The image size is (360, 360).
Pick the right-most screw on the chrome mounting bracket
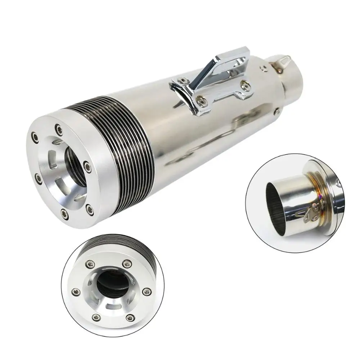click(246, 85)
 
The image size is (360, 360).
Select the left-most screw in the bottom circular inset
click(75, 291)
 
